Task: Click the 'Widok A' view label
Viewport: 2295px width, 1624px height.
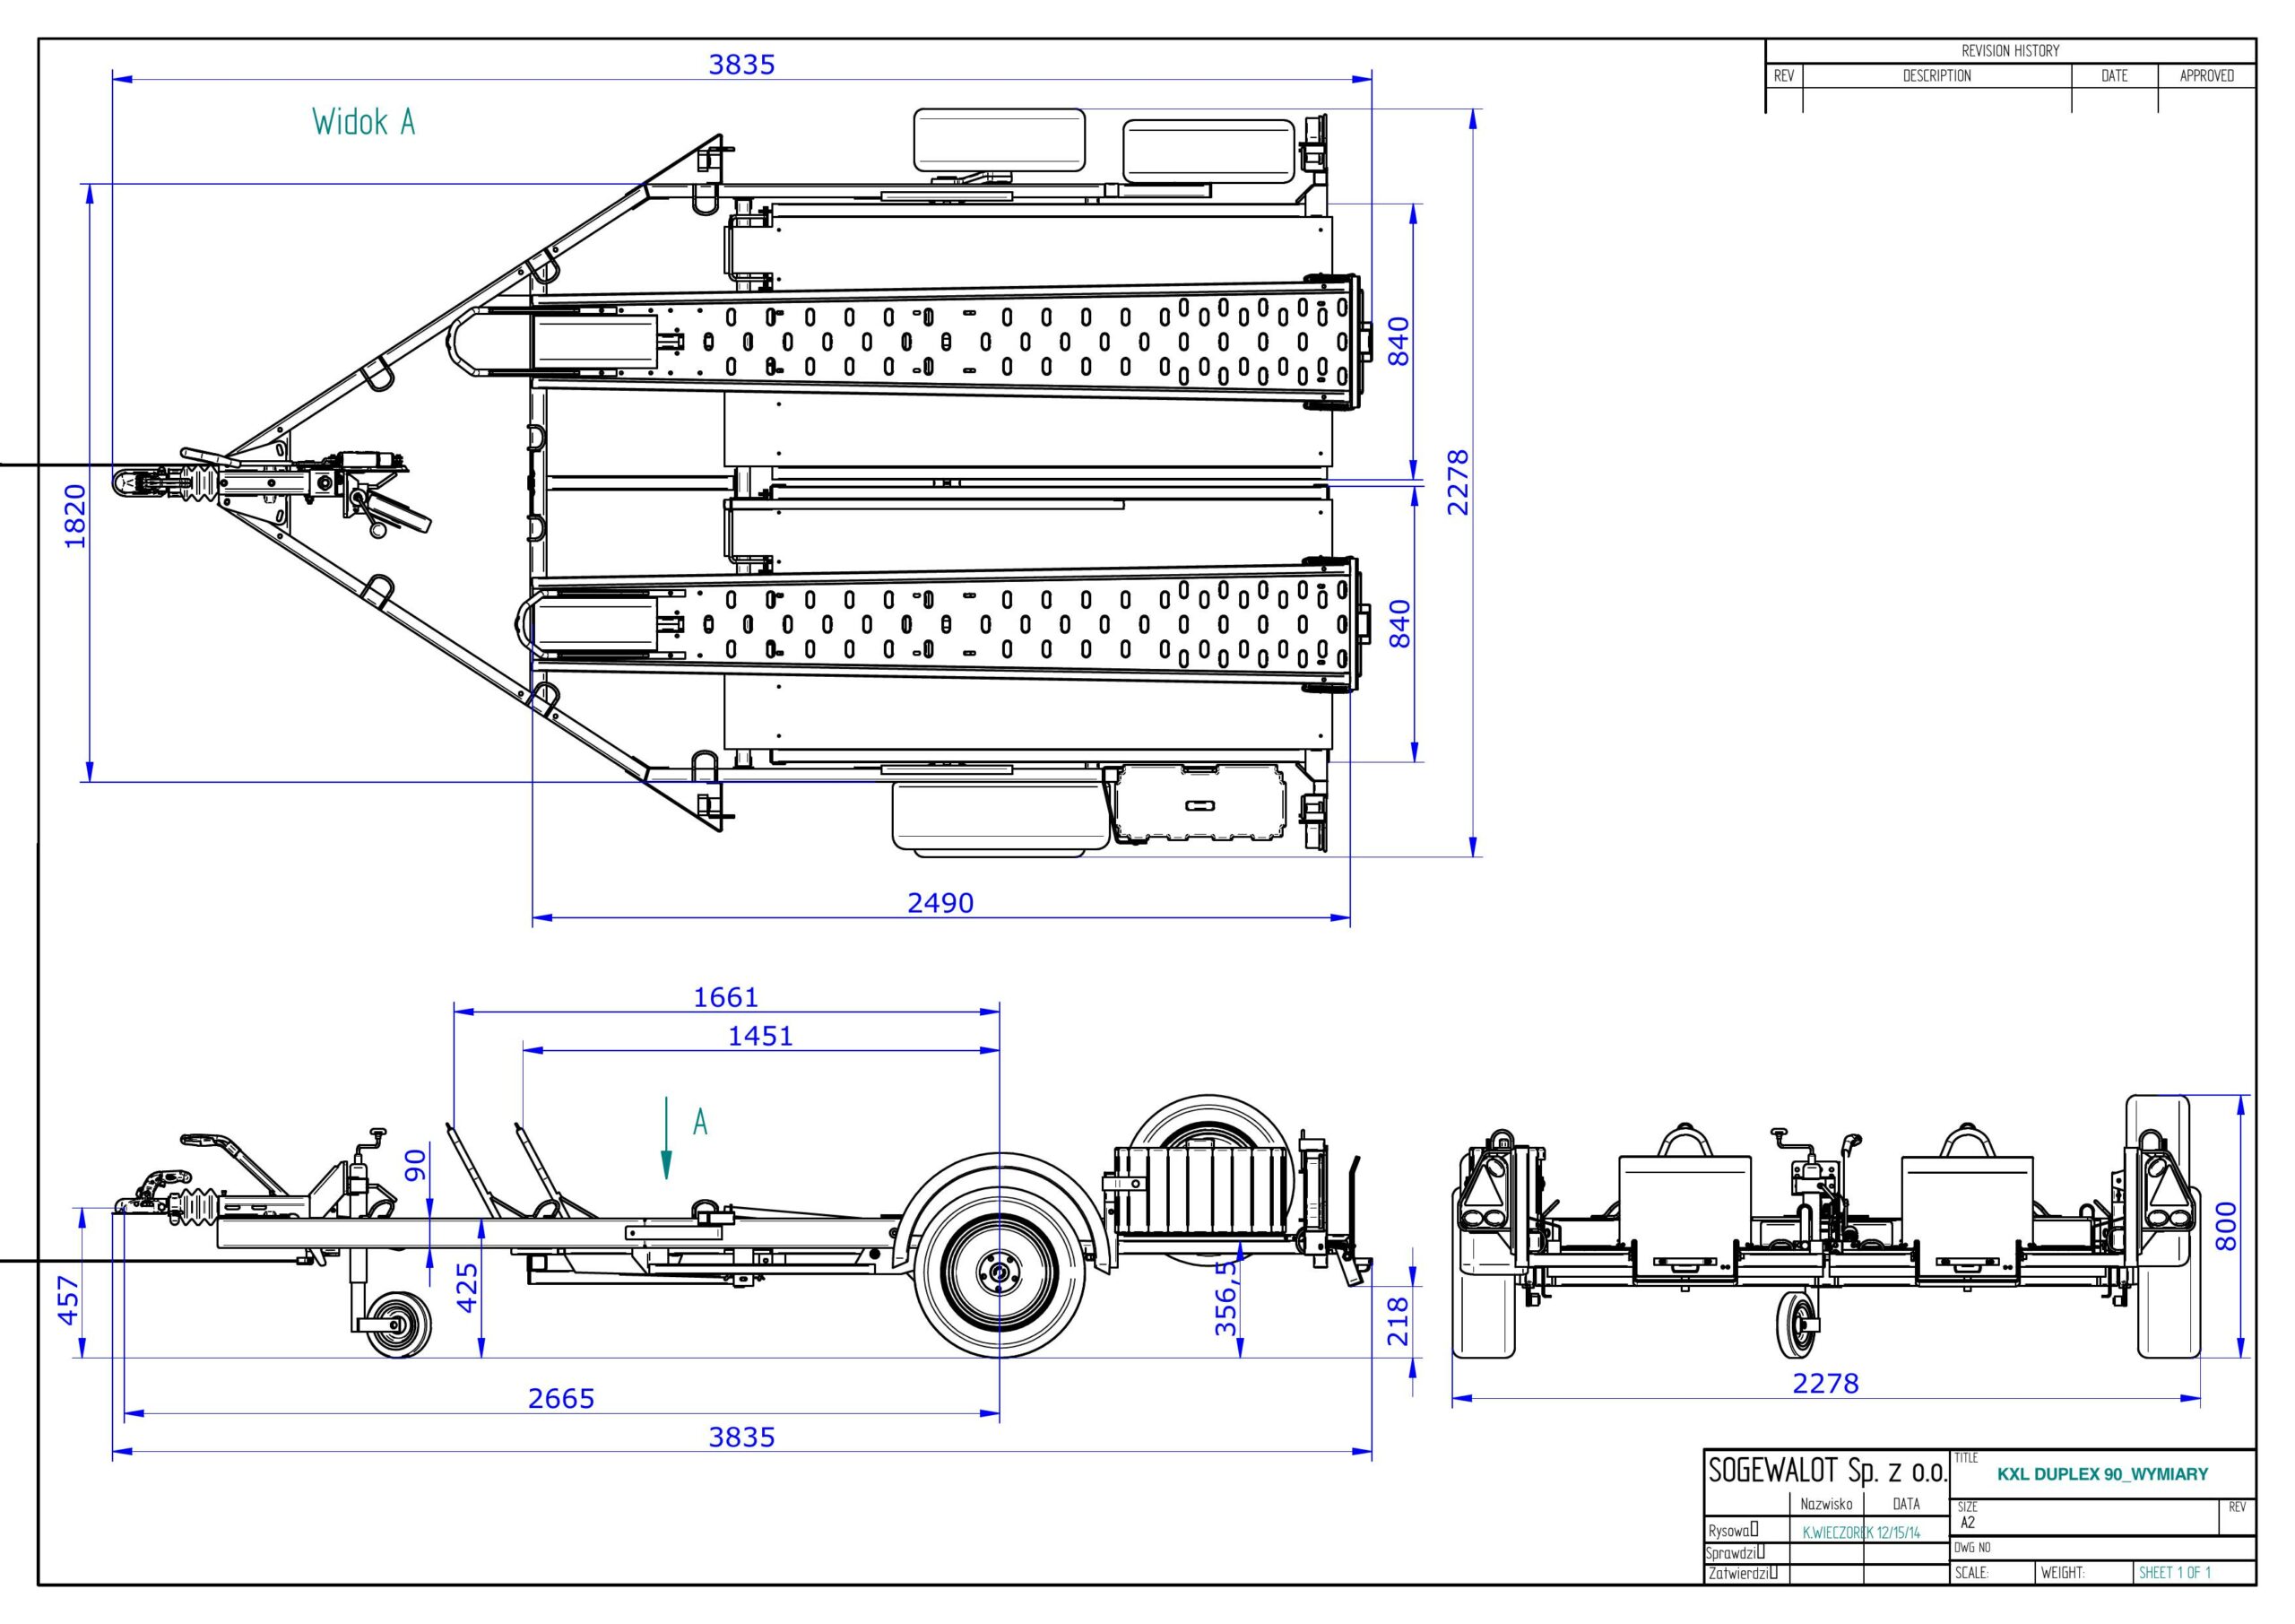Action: [363, 123]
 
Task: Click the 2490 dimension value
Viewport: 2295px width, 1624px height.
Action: [940, 903]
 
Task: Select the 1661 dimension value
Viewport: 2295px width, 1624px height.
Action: [725, 997]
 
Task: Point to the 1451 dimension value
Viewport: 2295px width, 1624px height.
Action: [759, 1036]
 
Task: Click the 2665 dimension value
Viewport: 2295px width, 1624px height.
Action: [561, 1398]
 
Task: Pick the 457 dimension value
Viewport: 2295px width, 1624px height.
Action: [68, 1300]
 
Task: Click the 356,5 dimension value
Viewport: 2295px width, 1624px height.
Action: [1225, 1298]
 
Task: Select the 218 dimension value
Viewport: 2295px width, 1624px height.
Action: [1399, 1321]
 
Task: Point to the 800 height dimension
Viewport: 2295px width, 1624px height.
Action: [2226, 1226]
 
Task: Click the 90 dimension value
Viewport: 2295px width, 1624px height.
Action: [415, 1164]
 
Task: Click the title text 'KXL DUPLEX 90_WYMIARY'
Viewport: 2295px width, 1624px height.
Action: [2102, 1474]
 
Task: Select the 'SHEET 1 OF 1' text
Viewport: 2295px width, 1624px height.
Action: [2175, 1573]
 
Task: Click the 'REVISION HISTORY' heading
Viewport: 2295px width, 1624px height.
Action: [2010, 51]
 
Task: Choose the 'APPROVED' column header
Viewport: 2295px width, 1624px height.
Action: [2206, 76]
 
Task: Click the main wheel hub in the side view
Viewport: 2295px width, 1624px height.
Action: [998, 1274]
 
